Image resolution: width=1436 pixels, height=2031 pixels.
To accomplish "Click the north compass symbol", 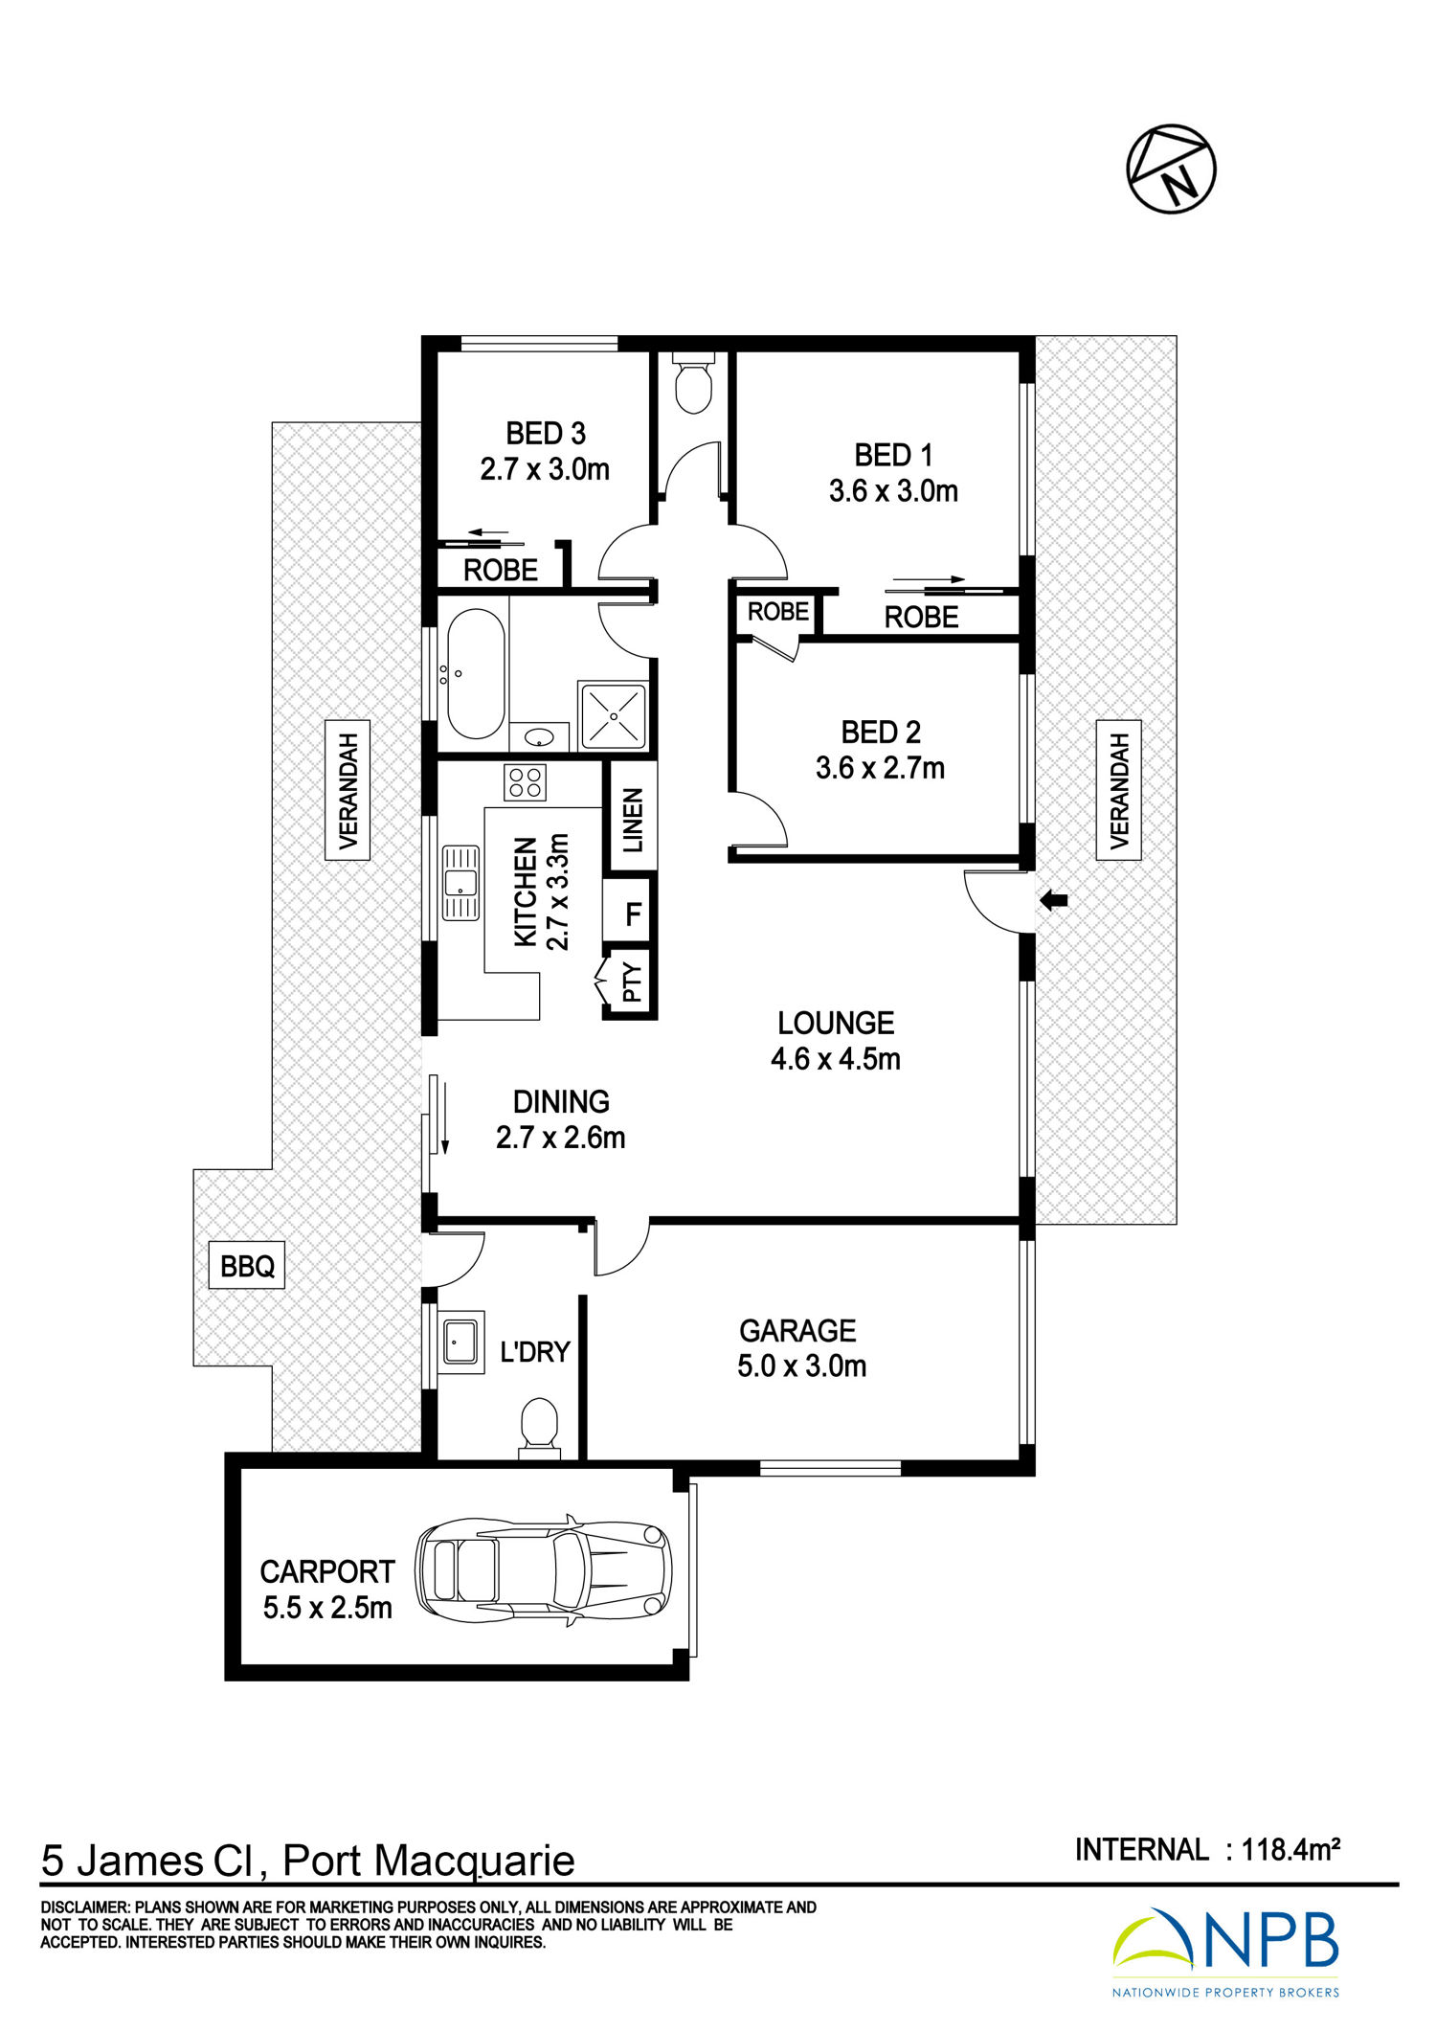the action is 1171,169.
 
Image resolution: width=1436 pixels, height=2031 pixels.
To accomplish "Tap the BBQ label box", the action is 247,1266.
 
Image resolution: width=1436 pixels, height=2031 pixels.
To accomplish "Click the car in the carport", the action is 543,1571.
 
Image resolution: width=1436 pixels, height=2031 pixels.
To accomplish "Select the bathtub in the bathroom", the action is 476,673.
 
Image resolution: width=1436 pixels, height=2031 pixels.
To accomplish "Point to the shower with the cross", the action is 613,715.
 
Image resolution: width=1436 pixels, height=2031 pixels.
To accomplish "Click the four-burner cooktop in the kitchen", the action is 525,781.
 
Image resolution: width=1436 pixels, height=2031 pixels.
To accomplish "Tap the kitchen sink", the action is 460,882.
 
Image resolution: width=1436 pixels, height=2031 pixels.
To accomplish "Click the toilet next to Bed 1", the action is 692,384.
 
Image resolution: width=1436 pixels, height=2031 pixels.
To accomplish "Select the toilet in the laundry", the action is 539,1429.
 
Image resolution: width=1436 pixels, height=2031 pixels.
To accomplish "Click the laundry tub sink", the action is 461,1342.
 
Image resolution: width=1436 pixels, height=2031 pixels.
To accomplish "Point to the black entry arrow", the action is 1053,900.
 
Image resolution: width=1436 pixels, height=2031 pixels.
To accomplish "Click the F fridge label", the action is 633,914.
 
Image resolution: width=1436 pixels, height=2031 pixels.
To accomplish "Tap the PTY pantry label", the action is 632,982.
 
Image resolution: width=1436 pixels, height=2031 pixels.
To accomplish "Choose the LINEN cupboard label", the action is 633,820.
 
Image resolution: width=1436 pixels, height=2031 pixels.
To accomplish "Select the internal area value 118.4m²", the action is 1290,1849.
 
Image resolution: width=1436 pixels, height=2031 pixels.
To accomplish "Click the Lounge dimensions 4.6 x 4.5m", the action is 836,1058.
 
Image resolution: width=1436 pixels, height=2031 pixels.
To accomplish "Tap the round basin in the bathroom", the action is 540,737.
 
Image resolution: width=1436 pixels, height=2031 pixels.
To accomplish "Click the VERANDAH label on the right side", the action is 1118,790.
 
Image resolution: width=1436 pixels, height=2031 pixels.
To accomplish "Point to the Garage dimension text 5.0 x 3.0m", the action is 802,1365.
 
